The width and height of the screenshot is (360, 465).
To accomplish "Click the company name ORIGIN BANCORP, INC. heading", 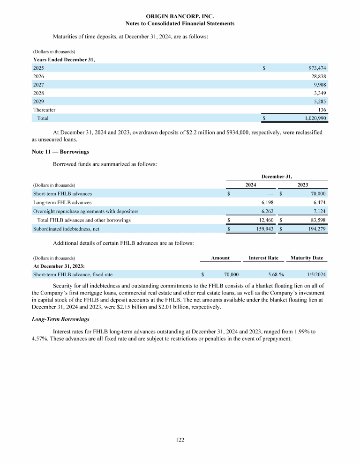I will (x=180, y=16).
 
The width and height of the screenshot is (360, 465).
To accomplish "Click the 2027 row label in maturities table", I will (x=38, y=85).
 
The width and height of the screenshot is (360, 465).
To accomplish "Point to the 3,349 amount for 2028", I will (x=319, y=93).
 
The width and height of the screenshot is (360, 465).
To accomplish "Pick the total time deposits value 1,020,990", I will (x=312, y=118).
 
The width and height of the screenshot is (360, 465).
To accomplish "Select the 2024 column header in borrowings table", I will (x=251, y=185).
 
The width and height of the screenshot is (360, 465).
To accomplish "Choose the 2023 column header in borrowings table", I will (x=303, y=185).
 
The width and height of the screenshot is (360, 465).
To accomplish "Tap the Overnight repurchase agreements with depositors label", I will (x=85, y=211).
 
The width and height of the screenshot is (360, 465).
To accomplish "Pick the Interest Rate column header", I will (x=263, y=258).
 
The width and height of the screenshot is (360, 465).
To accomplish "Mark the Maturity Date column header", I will (x=307, y=258).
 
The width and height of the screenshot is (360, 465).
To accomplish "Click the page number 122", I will (x=180, y=440).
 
